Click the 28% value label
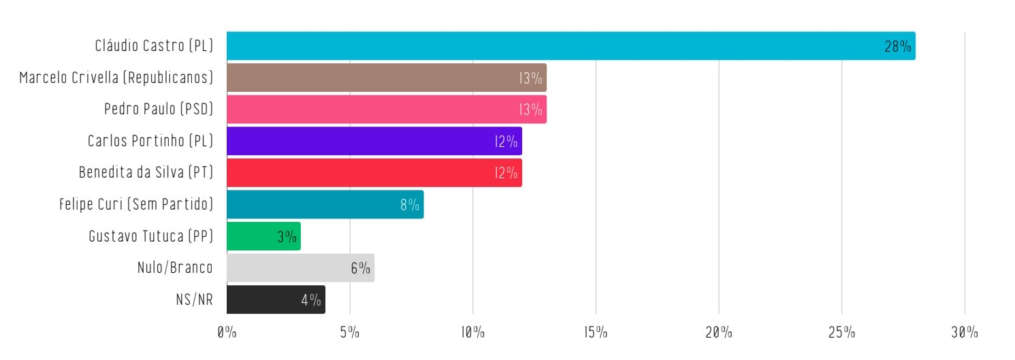coord(898,46)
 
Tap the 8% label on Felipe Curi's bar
coord(410,205)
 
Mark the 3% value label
coord(287,237)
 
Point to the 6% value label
coord(360,268)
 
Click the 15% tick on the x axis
coord(596,333)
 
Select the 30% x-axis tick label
coord(965,333)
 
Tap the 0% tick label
coord(227,333)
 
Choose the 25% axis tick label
coord(841,333)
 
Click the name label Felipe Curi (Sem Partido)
coord(136,204)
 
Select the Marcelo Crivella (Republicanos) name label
coord(116,78)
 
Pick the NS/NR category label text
coord(194,299)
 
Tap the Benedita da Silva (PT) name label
coord(146,173)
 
